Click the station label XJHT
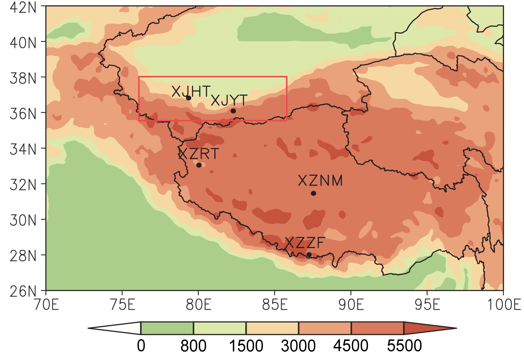191,91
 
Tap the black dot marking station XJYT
233,111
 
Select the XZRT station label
199,154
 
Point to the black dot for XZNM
313,193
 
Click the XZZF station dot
309,254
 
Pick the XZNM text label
320,181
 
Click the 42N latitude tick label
23,7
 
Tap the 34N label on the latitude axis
23,149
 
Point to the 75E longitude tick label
122,305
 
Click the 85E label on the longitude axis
274,305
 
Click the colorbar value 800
193,346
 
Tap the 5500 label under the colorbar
404,346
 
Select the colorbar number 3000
298,346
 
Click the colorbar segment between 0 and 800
167,328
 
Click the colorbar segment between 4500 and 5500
377,328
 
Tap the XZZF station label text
305,243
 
